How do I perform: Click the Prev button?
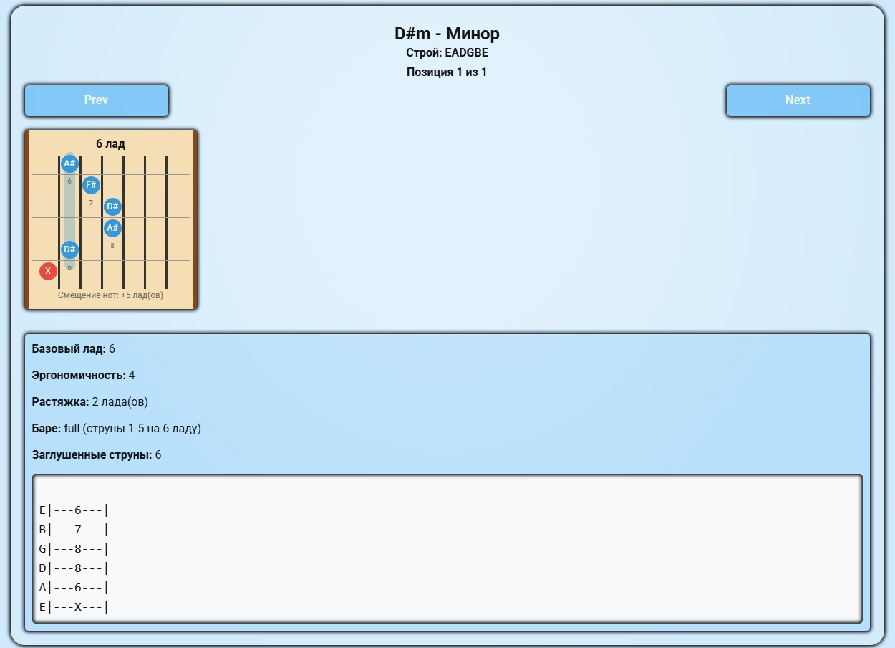(x=97, y=100)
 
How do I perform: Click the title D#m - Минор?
(x=447, y=34)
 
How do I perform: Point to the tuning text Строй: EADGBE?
(x=447, y=53)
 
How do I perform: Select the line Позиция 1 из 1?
(x=447, y=72)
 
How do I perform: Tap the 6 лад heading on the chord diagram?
(x=110, y=144)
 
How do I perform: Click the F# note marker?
(x=91, y=185)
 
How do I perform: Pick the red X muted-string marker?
(x=48, y=271)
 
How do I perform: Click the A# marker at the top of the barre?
(x=69, y=163)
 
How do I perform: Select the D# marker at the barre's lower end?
(x=69, y=249)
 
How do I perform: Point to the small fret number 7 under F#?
(x=91, y=203)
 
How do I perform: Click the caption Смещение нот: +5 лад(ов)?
(x=110, y=295)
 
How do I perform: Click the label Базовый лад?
(x=69, y=349)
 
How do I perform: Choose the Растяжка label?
(x=60, y=402)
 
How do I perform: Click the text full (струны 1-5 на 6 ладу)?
(x=132, y=429)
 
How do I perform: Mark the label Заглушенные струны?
(x=92, y=455)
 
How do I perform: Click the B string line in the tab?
(x=73, y=530)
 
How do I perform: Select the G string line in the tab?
(x=73, y=549)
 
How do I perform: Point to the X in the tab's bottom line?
(x=78, y=607)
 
